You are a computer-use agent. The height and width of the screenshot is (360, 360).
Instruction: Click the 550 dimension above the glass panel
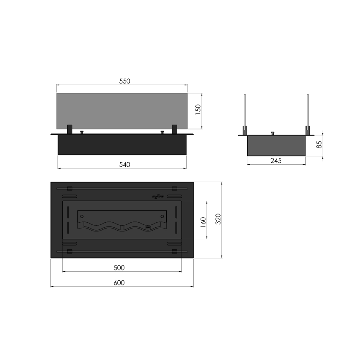click(124, 81)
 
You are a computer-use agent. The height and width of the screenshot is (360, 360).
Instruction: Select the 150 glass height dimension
click(198, 110)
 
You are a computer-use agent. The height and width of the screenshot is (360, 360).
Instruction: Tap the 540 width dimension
click(124, 165)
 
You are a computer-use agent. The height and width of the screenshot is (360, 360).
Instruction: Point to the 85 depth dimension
click(319, 145)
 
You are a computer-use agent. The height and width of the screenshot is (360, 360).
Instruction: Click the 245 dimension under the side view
click(275, 161)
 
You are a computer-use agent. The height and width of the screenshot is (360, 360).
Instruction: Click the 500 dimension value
click(119, 268)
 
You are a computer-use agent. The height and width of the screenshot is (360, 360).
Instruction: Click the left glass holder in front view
click(70, 129)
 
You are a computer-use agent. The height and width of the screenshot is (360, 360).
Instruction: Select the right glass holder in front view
click(175, 129)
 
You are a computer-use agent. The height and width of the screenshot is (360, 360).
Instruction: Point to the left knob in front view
click(82, 132)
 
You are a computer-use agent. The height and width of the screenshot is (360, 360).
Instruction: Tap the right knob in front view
click(163, 132)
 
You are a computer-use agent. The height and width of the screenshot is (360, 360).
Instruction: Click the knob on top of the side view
click(272, 133)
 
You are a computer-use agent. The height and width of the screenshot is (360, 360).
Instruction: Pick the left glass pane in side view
click(245, 110)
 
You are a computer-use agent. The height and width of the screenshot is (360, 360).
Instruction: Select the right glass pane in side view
click(308, 110)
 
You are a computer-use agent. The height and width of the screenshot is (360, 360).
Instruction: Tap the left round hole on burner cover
click(82, 216)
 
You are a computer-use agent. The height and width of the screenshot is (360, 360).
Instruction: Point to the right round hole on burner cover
click(162, 216)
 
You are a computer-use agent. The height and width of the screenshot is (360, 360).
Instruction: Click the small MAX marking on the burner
click(148, 227)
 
